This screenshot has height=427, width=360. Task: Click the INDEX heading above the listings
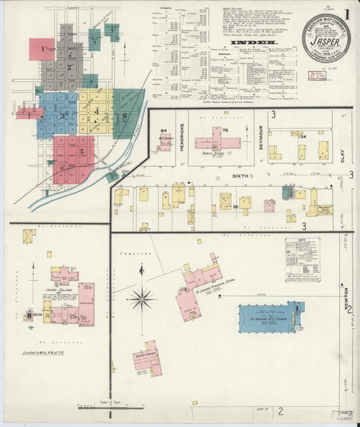point(245,42)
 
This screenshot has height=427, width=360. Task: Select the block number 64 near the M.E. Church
point(163,130)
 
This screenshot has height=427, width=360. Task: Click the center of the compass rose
point(142,297)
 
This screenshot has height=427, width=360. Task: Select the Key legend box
point(302,255)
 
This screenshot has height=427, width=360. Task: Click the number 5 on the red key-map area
point(82,152)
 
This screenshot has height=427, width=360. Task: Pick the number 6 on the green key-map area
point(124,116)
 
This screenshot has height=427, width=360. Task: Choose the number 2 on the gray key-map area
point(68,67)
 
